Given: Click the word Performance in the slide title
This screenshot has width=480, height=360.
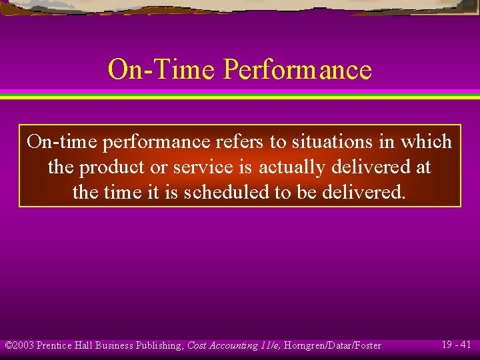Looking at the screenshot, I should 298,69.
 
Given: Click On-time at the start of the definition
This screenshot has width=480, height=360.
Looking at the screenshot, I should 62,142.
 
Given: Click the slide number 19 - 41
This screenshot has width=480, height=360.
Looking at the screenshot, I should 456,345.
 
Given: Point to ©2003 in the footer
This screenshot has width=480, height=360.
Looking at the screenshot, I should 19,345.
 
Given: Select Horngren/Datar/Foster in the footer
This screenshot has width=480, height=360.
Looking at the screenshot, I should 333,345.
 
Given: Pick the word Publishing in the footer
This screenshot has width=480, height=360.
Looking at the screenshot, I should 159,345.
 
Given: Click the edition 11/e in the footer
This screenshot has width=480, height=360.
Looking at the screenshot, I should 269,345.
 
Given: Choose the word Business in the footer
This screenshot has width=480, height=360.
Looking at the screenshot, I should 114,345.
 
